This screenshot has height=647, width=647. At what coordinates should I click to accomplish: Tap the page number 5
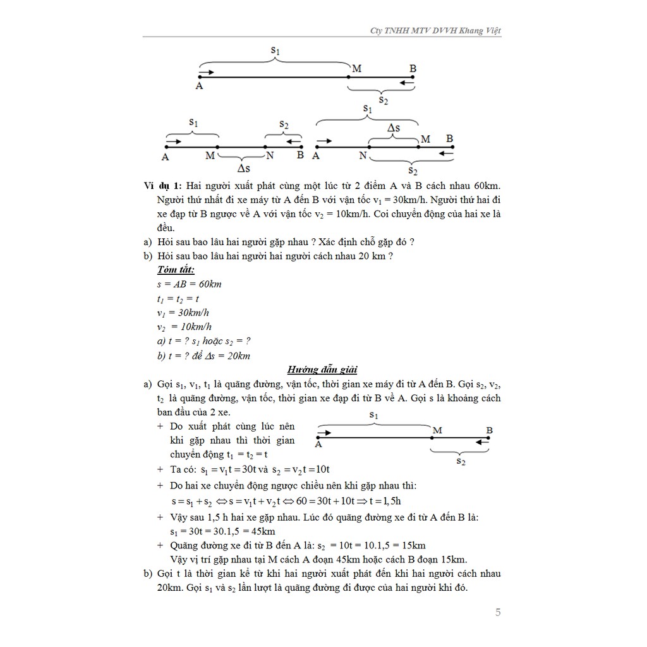coord(498,612)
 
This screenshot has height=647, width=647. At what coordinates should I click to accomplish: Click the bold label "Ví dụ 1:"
coord(163,186)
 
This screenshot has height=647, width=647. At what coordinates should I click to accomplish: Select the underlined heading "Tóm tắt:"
coord(176,270)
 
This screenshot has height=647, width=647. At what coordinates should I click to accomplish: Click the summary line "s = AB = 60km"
coord(189,284)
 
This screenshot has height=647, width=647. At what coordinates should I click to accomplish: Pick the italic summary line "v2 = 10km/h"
coord(184,327)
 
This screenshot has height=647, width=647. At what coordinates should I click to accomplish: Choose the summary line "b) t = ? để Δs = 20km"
coord(203,356)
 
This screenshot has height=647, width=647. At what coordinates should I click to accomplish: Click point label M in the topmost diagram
coord(356,68)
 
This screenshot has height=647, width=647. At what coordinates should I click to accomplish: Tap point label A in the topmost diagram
coord(199,86)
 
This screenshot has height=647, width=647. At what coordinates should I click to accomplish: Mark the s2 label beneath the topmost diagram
coord(384,99)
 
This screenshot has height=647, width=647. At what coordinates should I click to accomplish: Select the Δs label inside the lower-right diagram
coord(393,128)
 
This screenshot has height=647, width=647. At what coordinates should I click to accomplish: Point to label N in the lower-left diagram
coord(270,155)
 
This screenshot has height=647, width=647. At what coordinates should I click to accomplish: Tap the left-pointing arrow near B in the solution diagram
coord(482,442)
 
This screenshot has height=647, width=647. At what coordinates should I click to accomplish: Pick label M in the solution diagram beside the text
coord(437,430)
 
